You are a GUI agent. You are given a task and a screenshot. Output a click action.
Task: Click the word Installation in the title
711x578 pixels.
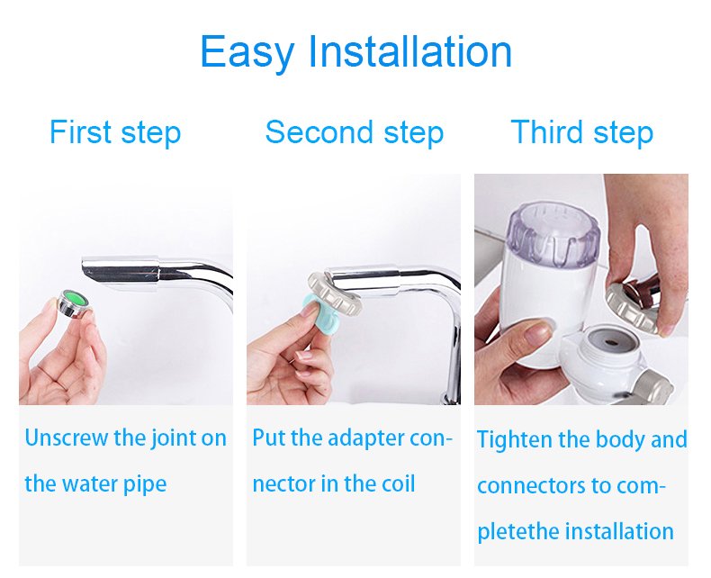[409, 50]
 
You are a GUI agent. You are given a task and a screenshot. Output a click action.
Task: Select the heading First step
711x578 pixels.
[115, 132]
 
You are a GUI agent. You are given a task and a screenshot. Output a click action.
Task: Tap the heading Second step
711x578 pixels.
[354, 132]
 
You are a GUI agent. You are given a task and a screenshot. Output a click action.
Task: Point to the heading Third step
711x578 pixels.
[581, 132]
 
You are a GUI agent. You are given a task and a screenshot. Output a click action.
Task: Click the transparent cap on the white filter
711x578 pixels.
[553, 235]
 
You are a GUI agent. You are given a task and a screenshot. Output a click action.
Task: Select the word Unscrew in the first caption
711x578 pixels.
[67, 438]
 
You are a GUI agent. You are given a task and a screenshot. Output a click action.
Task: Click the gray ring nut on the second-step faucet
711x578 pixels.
[335, 293]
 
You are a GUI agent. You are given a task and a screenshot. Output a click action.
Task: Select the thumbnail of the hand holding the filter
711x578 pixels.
[581, 289]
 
